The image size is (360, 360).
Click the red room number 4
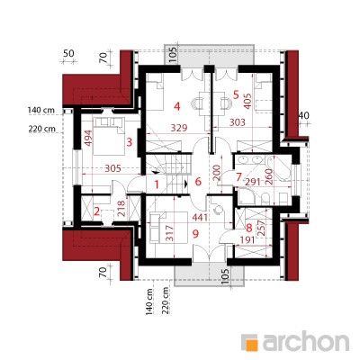point(177,106)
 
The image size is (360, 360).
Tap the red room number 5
point(236,95)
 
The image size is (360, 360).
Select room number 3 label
point(130,142)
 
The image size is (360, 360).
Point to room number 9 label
point(195,234)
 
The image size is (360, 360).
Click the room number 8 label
point(248,229)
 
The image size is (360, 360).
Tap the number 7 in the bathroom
point(238,177)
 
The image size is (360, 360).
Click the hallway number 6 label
point(198,182)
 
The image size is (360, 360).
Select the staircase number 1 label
point(157,184)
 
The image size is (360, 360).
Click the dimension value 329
point(179,128)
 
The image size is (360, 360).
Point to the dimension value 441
point(200,218)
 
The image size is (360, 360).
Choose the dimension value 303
point(237,122)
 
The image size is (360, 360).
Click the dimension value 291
point(254,182)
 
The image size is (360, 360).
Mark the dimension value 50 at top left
point(68,54)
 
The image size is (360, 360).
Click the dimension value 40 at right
point(304,115)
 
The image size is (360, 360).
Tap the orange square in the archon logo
point(252,344)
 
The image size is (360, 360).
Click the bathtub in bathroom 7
point(279,168)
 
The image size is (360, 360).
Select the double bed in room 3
point(109,136)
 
